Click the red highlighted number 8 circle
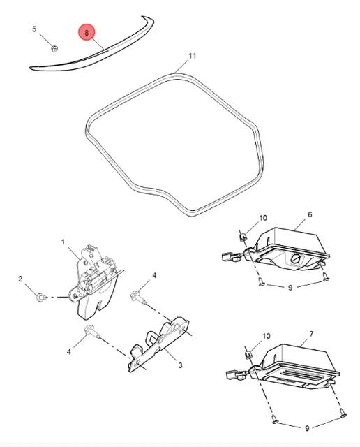[x=87, y=32]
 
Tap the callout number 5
[x=34, y=29]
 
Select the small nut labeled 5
[x=54, y=49]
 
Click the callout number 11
[x=193, y=56]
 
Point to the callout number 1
[x=63, y=242]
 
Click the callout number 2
[x=20, y=279]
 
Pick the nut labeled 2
[x=40, y=298]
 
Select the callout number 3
[x=180, y=365]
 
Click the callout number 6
[x=310, y=214]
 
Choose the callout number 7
[x=311, y=334]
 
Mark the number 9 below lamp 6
[x=290, y=288]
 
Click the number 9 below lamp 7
[x=307, y=428]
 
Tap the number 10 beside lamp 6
[x=263, y=218]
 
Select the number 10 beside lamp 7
[x=266, y=337]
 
